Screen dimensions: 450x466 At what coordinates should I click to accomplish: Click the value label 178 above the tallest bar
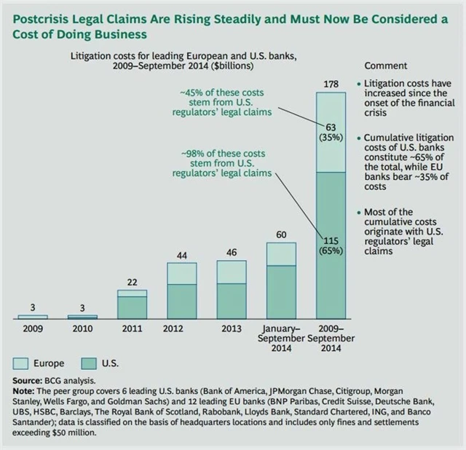point(331,85)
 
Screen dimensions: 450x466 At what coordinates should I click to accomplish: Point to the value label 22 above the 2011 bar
point(132,282)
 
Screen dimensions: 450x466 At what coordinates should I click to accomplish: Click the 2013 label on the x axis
point(232,328)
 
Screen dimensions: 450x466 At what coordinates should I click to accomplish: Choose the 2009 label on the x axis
point(32,328)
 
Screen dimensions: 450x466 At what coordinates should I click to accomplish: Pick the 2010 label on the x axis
point(82,328)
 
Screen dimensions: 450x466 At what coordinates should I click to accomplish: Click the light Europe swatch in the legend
point(22,363)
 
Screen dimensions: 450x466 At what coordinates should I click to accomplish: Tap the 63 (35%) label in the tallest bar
point(331,134)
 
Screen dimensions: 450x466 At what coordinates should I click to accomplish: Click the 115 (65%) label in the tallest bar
point(331,246)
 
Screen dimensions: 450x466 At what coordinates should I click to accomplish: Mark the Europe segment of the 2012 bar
point(182,273)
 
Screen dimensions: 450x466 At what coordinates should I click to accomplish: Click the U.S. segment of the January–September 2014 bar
point(281,292)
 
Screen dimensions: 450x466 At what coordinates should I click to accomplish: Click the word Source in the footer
point(28,380)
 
